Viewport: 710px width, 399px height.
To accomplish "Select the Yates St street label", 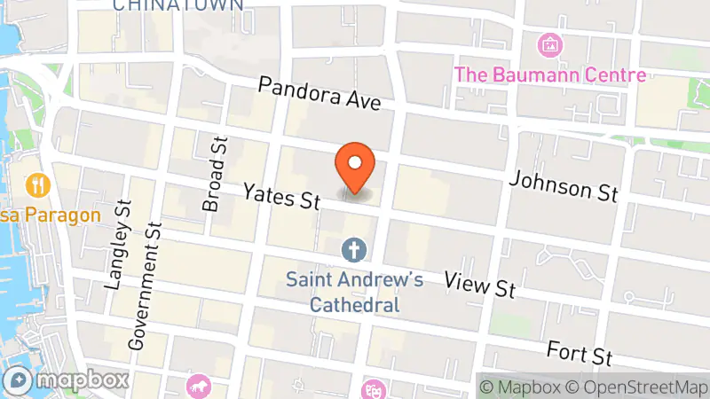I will (x=281, y=195).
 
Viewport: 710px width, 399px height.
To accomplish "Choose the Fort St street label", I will (x=580, y=352).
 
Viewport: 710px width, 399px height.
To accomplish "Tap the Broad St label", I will (x=214, y=175).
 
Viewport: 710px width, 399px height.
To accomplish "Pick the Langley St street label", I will (x=117, y=246).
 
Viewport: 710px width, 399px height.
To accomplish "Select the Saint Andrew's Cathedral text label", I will (x=354, y=292).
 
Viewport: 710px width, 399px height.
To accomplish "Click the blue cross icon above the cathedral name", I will (x=354, y=251).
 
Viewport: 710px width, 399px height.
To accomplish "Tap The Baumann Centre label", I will (x=550, y=74).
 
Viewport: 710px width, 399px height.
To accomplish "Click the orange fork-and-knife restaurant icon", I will (x=38, y=185).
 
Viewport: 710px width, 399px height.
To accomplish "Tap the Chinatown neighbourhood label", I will (x=178, y=5).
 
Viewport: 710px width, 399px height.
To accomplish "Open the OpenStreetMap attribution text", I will (x=637, y=387).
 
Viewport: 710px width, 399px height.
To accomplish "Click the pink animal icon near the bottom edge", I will (x=197, y=386).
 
